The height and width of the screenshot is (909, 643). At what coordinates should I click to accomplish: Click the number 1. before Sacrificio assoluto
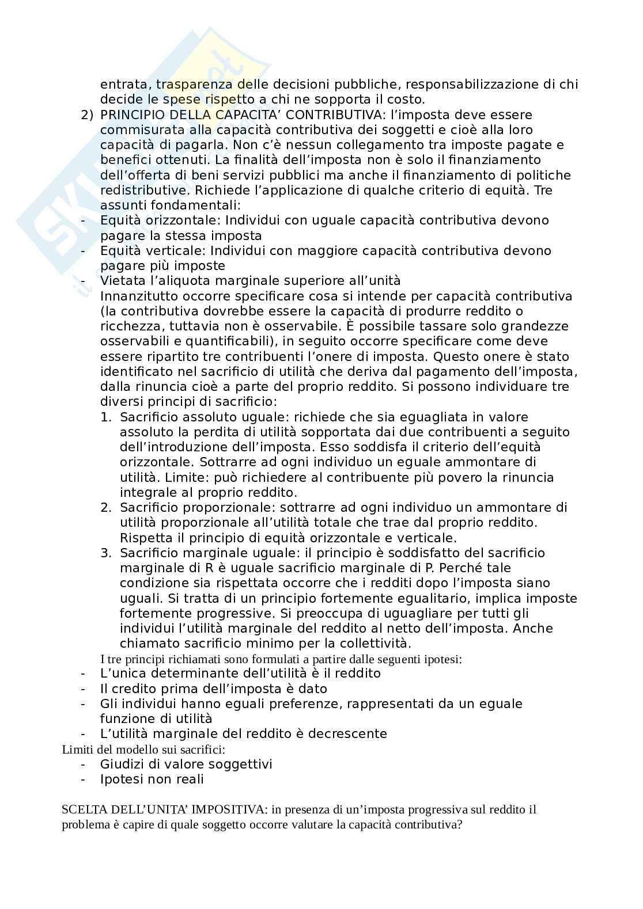(107, 417)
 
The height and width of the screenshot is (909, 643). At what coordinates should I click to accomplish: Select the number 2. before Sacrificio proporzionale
(106, 508)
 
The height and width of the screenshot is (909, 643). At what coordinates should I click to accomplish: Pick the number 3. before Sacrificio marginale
(106, 553)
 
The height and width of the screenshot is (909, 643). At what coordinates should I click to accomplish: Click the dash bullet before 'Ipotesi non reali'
(84, 780)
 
